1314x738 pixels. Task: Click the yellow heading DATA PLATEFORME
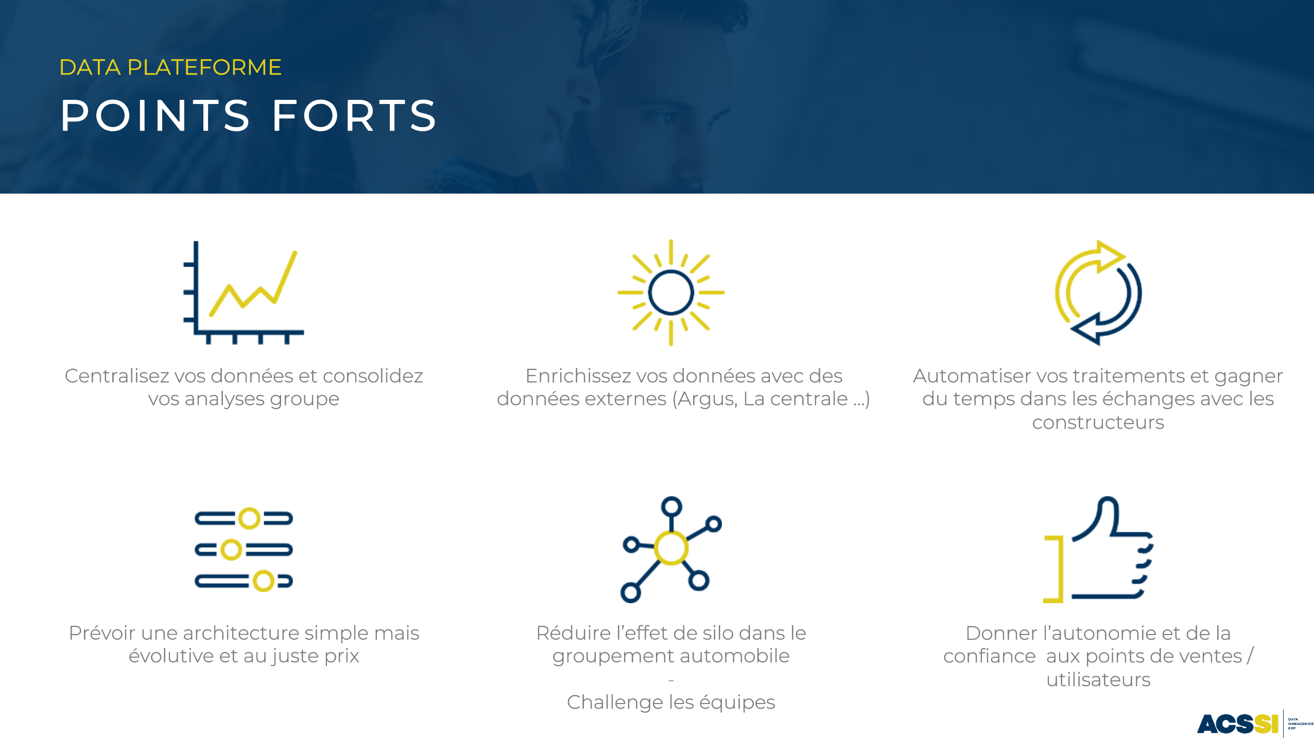point(170,67)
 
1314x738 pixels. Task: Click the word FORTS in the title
point(355,115)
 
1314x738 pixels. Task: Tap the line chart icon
point(244,292)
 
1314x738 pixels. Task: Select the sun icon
point(671,292)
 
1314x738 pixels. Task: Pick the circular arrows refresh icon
point(1098,292)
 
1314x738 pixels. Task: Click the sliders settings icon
point(244,550)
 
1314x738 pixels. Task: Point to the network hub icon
point(671,549)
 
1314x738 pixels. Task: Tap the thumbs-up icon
point(1098,549)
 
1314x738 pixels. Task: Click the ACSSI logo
point(1238,724)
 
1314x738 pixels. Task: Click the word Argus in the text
point(706,399)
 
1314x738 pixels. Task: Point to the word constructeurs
point(1098,423)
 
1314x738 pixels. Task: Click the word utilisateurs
point(1098,680)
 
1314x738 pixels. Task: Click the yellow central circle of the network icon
point(671,548)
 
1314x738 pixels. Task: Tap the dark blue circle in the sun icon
point(671,292)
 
